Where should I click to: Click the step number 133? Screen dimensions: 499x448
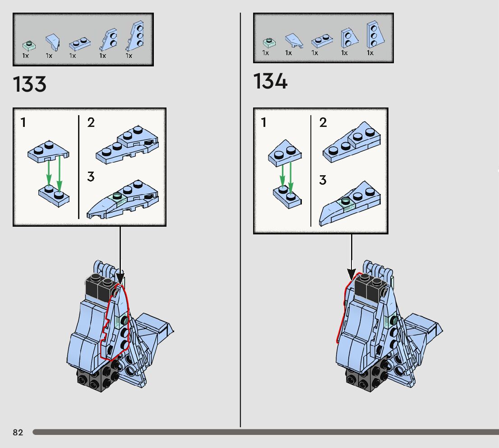pyautogui.click(x=30, y=84)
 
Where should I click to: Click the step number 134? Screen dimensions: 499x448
pyautogui.click(x=270, y=82)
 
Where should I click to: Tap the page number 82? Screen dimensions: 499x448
pyautogui.click(x=18, y=432)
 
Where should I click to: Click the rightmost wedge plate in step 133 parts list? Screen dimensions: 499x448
pyautogui.click(x=135, y=36)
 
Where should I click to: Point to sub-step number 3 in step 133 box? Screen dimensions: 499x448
pyautogui.click(x=91, y=177)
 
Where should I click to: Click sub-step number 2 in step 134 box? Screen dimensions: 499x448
pyautogui.click(x=323, y=122)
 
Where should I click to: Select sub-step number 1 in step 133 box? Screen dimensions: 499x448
pyautogui.click(x=23, y=122)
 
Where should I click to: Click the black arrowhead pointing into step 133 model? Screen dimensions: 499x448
pyautogui.click(x=120, y=276)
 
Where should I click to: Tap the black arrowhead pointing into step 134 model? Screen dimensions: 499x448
pyautogui.click(x=351, y=274)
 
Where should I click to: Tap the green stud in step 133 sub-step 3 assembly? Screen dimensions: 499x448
pyautogui.click(x=118, y=196)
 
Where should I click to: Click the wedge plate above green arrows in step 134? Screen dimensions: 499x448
pyautogui.click(x=285, y=152)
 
